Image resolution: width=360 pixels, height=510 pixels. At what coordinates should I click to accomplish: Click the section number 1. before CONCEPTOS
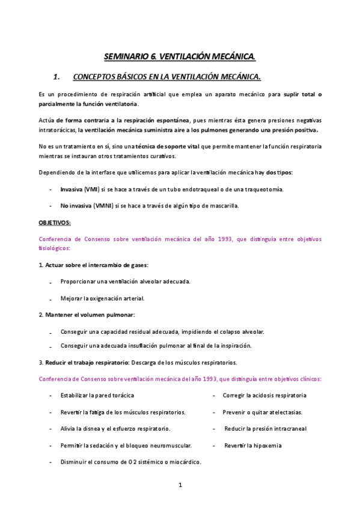[x=57, y=76]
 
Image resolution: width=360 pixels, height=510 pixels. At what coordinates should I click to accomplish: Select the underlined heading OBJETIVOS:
[x=54, y=223]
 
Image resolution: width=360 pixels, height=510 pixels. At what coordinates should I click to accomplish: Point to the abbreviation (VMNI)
[x=105, y=206]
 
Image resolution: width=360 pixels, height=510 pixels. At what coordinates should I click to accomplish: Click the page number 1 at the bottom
[x=180, y=485]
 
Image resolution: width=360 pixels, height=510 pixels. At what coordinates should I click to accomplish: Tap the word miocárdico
[x=182, y=462]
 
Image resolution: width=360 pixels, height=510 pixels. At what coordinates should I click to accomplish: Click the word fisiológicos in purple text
[x=53, y=248]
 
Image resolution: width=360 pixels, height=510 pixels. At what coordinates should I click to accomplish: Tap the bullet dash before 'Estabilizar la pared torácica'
[x=50, y=396]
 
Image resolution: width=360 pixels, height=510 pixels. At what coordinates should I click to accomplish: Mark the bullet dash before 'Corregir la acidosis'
[x=214, y=396]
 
